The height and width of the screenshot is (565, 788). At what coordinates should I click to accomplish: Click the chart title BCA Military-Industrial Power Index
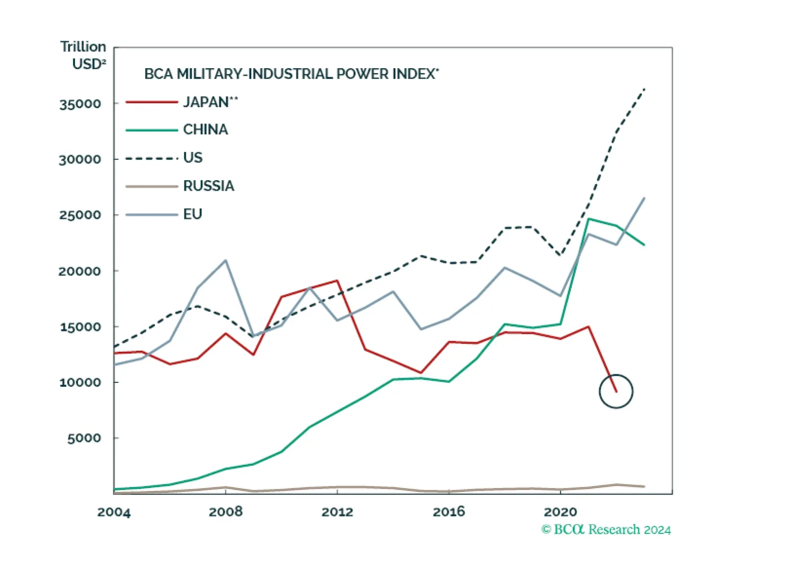(291, 74)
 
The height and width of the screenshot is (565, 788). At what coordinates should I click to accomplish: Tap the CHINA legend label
(205, 129)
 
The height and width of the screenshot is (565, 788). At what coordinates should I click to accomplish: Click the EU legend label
(193, 214)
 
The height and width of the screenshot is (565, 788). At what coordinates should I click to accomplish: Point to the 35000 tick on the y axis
(80, 105)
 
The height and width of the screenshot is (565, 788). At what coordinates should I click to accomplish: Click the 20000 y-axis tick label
(80, 271)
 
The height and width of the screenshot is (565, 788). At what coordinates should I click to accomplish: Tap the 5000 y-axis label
(84, 439)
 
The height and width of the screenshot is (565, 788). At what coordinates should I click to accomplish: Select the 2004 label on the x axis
(114, 512)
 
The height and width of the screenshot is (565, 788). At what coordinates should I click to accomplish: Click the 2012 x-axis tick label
(337, 512)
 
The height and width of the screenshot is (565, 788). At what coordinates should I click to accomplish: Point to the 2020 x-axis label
(560, 512)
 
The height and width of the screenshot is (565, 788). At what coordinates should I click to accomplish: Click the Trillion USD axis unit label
(84, 55)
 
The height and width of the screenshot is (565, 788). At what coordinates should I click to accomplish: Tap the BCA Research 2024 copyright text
(606, 529)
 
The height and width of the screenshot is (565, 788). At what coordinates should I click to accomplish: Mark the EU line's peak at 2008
(226, 260)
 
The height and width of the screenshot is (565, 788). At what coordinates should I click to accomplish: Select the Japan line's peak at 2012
(337, 281)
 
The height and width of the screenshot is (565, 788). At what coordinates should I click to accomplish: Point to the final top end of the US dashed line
(644, 89)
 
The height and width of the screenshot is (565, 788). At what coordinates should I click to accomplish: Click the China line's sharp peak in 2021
(589, 219)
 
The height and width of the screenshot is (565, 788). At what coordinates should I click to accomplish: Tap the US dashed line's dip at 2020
(560, 255)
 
